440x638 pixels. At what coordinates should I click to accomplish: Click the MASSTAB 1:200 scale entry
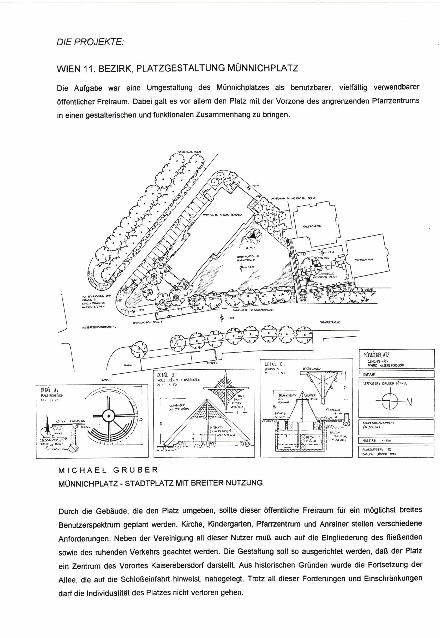(x=376, y=441)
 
